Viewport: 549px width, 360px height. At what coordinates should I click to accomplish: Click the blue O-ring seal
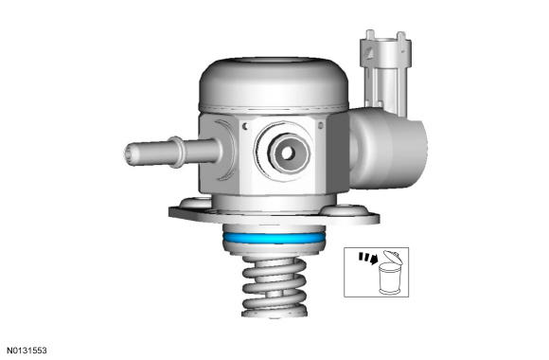pos(274,239)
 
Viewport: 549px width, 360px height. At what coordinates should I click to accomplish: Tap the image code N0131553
pos(27,351)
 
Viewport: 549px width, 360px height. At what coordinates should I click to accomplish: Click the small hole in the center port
pos(287,153)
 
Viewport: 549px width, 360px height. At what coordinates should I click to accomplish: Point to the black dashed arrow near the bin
pos(368,258)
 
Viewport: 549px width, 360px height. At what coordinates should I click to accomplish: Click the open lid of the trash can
pos(393,257)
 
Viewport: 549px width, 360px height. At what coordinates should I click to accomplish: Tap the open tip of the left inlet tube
pos(129,154)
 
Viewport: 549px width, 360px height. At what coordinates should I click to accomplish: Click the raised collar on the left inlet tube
pos(177,153)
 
